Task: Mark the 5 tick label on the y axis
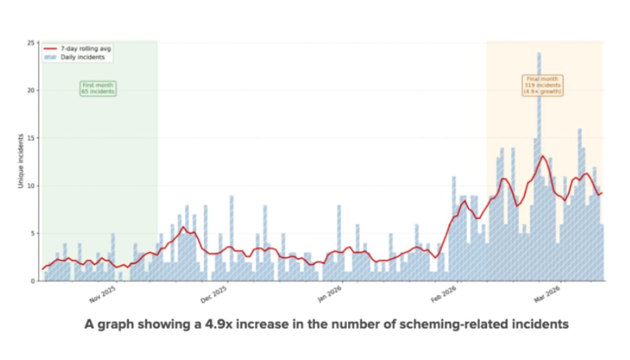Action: click(35, 234)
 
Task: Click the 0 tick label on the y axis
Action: click(35, 281)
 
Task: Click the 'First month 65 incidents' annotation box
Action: click(98, 88)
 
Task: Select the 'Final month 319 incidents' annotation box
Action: click(542, 85)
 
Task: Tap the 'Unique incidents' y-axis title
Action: click(20, 161)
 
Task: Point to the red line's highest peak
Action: click(542, 156)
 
